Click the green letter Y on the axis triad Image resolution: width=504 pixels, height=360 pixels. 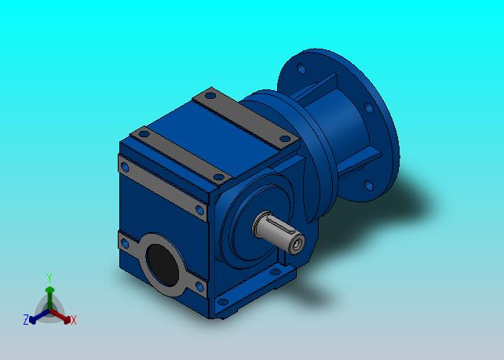[x=49, y=278]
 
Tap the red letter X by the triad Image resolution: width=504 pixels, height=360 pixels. [x=74, y=320]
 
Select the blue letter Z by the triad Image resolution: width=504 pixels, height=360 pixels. [x=26, y=319]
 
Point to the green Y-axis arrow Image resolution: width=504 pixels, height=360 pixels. [x=49, y=298]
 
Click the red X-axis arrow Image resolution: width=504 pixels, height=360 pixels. [x=60, y=315]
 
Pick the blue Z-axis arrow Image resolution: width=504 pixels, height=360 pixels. [x=39, y=316]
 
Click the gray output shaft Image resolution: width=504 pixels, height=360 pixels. [x=279, y=232]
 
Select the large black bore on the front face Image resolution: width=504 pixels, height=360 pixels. [x=163, y=265]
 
